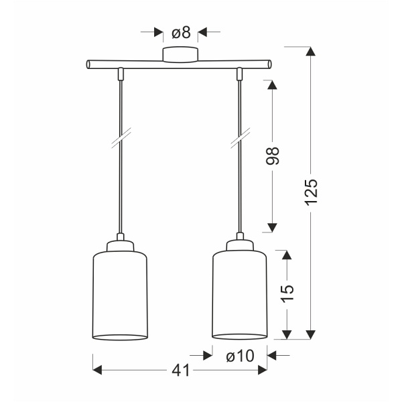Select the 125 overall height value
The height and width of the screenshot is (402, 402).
(x=310, y=192)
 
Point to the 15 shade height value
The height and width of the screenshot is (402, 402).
(x=287, y=293)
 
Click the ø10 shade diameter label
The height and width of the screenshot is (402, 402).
(x=240, y=356)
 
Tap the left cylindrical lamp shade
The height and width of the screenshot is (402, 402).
(x=119, y=295)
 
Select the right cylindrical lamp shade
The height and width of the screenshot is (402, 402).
(x=240, y=295)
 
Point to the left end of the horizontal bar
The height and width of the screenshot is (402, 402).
(x=88, y=65)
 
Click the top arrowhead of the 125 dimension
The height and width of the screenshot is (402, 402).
(x=310, y=52)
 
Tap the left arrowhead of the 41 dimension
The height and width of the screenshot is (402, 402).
(x=96, y=370)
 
